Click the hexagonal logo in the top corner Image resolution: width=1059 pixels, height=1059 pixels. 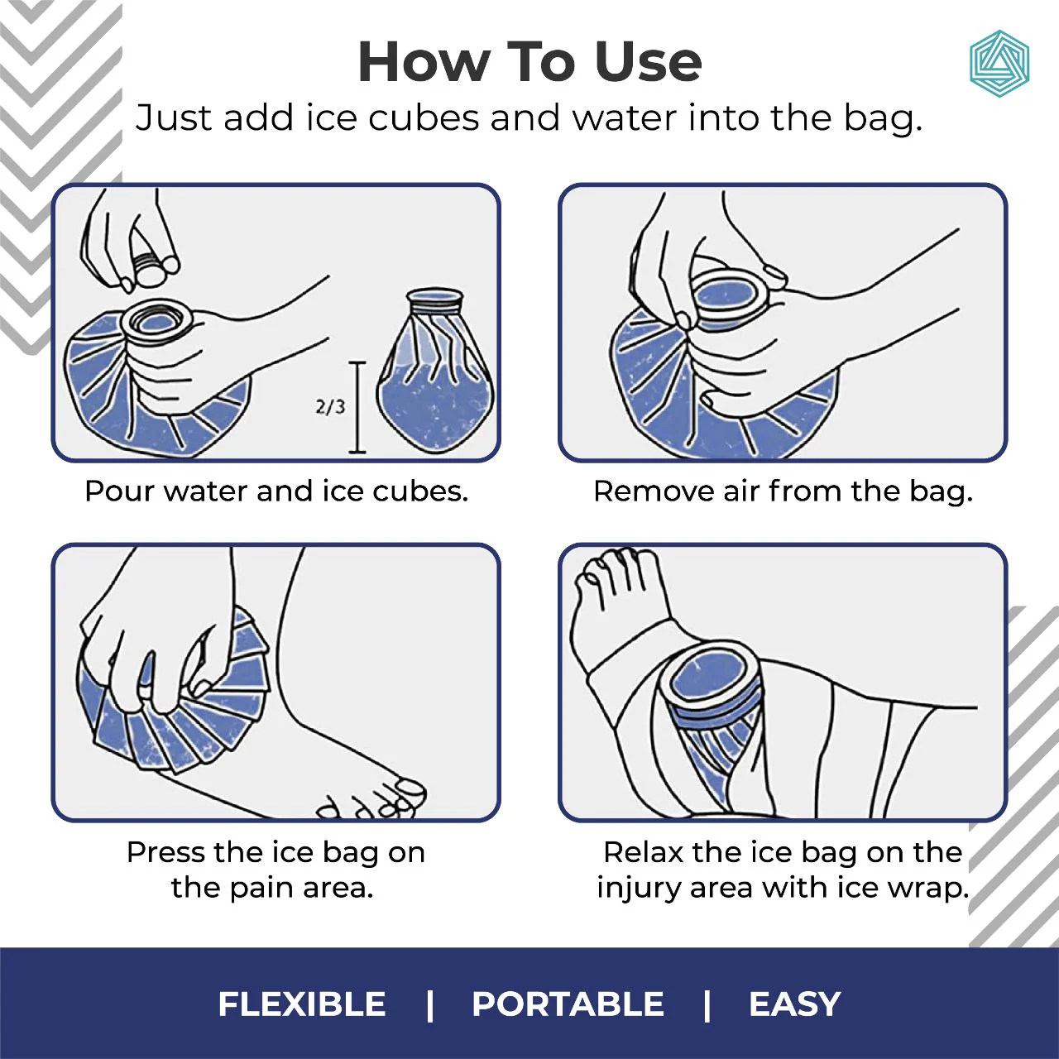click(999, 64)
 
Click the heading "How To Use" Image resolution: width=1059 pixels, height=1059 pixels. click(529, 62)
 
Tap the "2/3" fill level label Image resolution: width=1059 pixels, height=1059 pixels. click(330, 406)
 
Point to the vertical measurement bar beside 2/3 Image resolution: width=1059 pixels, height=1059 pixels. click(357, 407)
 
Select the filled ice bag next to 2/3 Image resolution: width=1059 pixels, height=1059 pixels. click(434, 372)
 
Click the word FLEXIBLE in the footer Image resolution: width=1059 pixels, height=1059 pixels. click(302, 1004)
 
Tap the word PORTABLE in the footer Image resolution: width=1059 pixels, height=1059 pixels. click(568, 1004)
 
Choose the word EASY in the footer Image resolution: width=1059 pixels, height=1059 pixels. click(794, 1004)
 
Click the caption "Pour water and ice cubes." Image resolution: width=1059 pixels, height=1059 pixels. click(276, 491)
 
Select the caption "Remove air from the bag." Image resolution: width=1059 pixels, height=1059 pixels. click(783, 491)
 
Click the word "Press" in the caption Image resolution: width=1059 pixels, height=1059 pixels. click(165, 852)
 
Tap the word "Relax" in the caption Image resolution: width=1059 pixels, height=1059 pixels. click(644, 852)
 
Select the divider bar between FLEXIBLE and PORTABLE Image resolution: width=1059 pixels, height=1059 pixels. click(429, 1004)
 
